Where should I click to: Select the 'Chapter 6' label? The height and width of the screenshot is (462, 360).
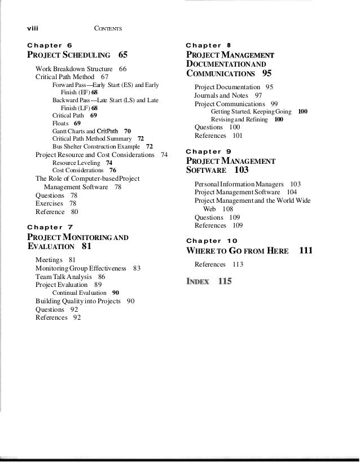coord(50,44)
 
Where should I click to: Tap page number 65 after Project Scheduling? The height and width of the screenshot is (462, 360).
coord(123,55)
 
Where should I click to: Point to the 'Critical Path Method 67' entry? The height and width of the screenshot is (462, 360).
coord(72,76)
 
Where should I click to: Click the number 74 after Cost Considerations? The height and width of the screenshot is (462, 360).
coord(164,154)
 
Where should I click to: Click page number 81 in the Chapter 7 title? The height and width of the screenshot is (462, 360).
coord(87,247)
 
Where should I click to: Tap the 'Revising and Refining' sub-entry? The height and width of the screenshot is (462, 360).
coord(240,120)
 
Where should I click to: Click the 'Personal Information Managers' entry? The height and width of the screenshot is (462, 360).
coord(239,185)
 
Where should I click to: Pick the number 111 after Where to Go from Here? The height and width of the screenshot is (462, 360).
coord(306,250)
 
